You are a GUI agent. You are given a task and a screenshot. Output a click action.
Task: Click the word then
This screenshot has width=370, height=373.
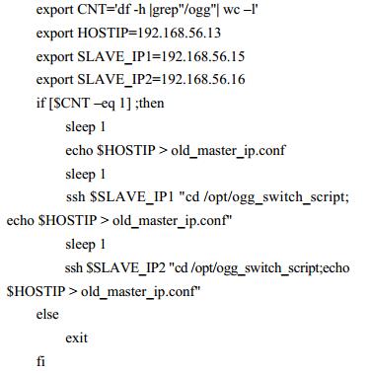[152, 104]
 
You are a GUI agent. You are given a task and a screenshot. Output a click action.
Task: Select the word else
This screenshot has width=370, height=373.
[47, 315]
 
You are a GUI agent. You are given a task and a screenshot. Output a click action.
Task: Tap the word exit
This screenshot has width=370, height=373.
[76, 338]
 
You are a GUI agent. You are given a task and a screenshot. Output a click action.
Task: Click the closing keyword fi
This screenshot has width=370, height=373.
[40, 361]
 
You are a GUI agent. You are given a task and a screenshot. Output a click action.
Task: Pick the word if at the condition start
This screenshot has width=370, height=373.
[40, 104]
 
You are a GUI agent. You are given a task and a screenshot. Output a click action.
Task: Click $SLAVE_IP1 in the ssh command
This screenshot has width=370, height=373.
[132, 197]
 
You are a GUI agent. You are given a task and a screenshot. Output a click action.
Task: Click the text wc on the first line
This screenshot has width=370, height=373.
[232, 10]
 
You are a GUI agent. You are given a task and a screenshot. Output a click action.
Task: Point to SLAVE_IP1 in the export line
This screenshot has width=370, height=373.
[115, 57]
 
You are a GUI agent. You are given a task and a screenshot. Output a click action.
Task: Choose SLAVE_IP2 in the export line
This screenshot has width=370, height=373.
[115, 80]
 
